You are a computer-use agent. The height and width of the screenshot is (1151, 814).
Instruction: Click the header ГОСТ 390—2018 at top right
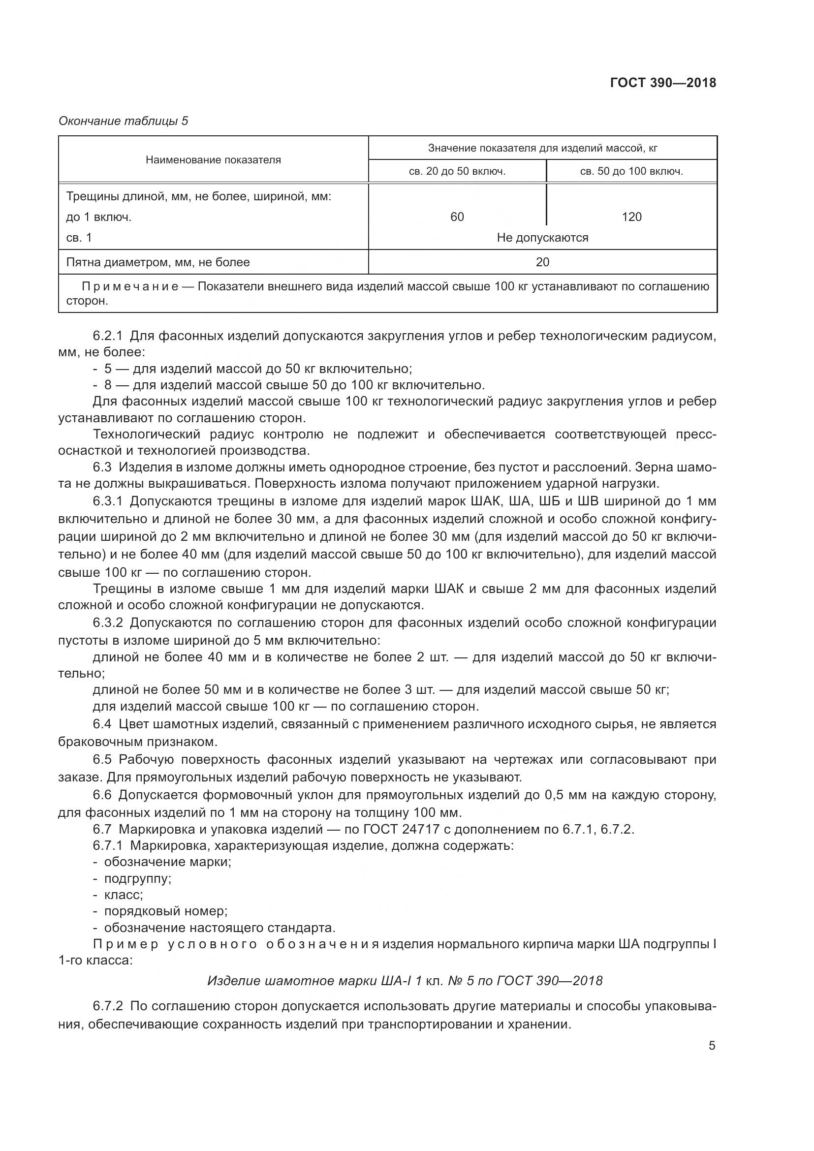[662, 83]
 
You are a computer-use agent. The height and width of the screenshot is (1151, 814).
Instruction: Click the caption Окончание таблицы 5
[124, 121]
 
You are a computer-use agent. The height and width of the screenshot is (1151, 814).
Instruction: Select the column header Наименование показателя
[213, 160]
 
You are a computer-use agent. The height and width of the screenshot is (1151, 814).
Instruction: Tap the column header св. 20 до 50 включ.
[457, 171]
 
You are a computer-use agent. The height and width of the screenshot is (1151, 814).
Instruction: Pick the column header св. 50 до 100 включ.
[631, 171]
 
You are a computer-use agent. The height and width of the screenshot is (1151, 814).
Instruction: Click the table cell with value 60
[457, 217]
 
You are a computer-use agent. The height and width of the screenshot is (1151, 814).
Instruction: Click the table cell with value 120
[631, 217]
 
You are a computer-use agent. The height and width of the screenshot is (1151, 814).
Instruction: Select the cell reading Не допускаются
[542, 238]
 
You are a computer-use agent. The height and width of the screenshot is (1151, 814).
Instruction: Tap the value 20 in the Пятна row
[542, 262]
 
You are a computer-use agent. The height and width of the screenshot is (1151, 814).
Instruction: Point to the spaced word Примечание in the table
[130, 287]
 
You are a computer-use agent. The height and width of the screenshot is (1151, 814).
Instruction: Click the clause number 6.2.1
[108, 336]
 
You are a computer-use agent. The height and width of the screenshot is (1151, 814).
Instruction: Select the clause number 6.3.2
[108, 623]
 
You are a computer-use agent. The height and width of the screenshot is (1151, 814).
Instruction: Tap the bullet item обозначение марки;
[167, 862]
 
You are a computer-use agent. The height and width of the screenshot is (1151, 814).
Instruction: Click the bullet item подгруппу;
[137, 879]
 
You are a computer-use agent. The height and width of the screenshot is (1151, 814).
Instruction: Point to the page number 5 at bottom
[712, 1046]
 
